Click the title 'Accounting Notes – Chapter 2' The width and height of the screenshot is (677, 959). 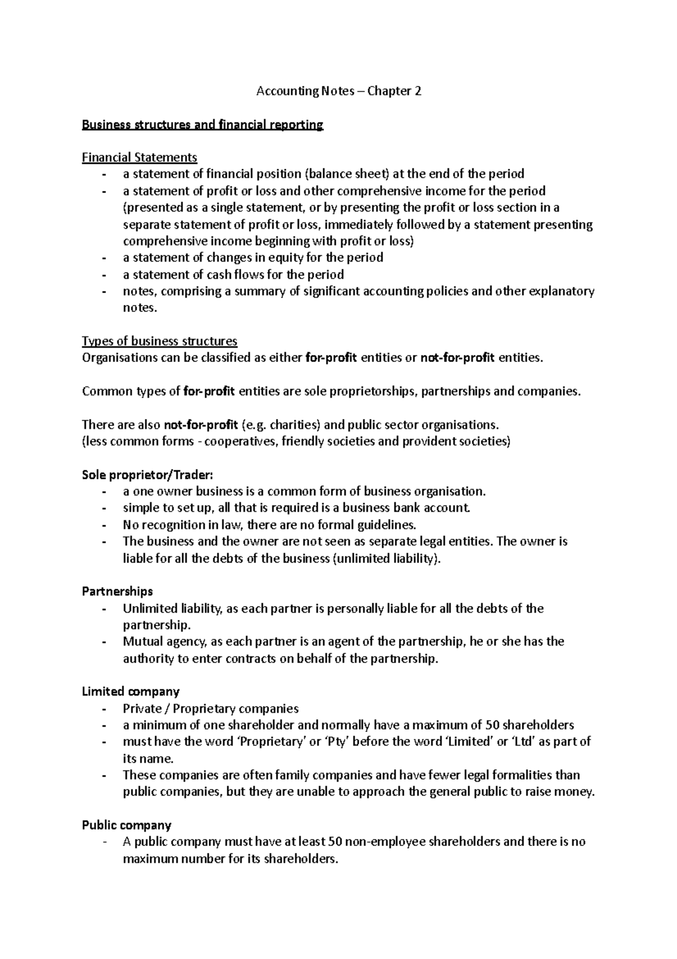[x=338, y=91]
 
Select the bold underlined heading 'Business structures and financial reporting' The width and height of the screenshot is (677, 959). [x=203, y=125]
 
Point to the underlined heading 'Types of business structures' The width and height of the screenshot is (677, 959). [x=160, y=341]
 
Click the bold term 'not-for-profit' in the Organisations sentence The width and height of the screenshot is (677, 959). [x=458, y=358]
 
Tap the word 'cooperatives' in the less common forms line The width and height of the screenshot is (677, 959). [x=240, y=441]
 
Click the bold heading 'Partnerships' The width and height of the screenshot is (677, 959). [x=117, y=591]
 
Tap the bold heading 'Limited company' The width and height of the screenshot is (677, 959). [x=131, y=691]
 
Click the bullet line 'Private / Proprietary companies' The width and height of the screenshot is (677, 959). [x=210, y=708]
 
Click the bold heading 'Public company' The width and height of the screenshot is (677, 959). [x=127, y=825]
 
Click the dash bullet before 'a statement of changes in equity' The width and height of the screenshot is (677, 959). [x=104, y=258]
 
